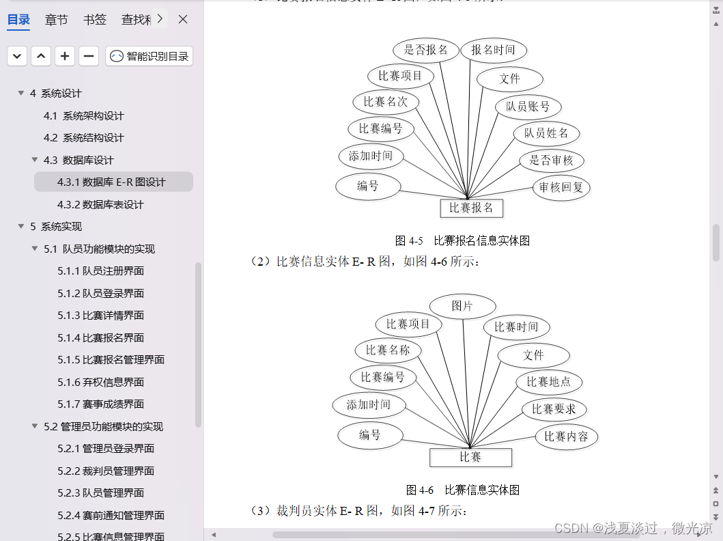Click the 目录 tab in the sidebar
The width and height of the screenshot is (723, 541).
pyautogui.click(x=18, y=20)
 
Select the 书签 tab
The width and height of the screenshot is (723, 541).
pyautogui.click(x=95, y=20)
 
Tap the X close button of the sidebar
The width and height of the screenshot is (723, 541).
pyautogui.click(x=183, y=19)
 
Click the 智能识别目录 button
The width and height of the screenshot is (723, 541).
pyautogui.click(x=150, y=56)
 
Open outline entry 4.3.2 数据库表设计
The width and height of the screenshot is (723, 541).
pyautogui.click(x=100, y=204)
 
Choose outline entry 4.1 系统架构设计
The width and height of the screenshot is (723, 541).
pyautogui.click(x=83, y=115)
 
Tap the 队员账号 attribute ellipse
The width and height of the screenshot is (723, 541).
pyautogui.click(x=528, y=107)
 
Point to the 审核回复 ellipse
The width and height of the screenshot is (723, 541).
pyautogui.click(x=561, y=187)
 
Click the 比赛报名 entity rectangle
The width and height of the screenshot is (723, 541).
pyautogui.click(x=471, y=208)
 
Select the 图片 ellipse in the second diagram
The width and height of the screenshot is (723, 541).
pyautogui.click(x=462, y=306)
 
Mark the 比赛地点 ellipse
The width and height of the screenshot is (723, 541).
pyautogui.click(x=549, y=382)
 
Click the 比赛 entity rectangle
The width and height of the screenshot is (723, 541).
pyautogui.click(x=470, y=457)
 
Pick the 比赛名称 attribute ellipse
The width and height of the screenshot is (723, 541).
pyautogui.click(x=388, y=350)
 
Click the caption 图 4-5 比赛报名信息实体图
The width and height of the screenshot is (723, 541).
pyautogui.click(x=462, y=240)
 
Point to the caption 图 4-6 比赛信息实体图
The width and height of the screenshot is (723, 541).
pyautogui.click(x=462, y=490)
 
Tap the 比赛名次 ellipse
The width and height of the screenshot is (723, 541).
pyautogui.click(x=386, y=102)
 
